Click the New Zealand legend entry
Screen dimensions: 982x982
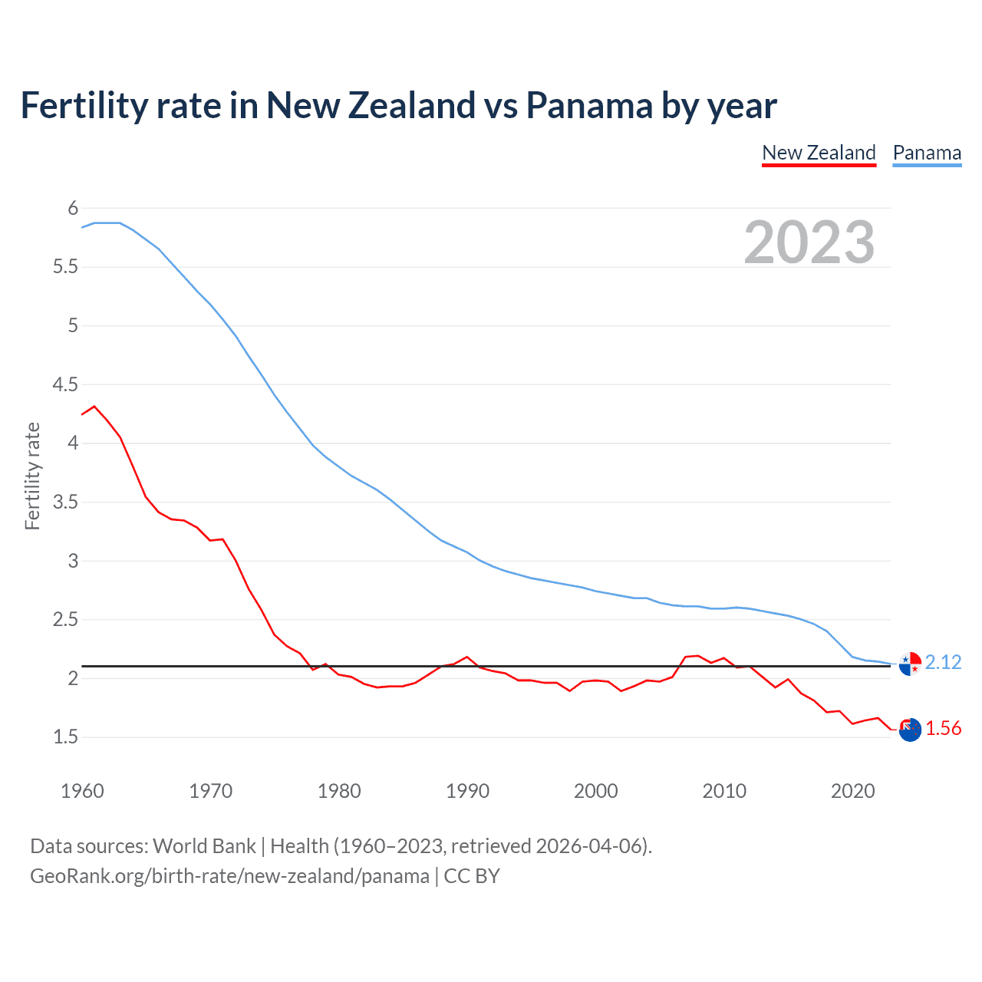pyautogui.click(x=819, y=153)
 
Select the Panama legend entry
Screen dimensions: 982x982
pyautogui.click(x=927, y=153)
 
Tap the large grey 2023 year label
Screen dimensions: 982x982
pyautogui.click(x=809, y=242)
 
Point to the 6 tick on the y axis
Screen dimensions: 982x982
pyautogui.click(x=73, y=208)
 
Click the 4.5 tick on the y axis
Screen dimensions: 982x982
pyautogui.click(x=66, y=384)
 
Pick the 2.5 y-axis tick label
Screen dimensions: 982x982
pyautogui.click(x=66, y=619)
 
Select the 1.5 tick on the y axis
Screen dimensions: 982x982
pyautogui.click(x=66, y=737)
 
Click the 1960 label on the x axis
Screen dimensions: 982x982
pyautogui.click(x=82, y=791)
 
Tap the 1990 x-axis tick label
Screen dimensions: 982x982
pyautogui.click(x=467, y=791)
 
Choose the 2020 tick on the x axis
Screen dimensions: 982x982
pyautogui.click(x=852, y=791)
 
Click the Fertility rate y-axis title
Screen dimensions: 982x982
pyautogui.click(x=32, y=476)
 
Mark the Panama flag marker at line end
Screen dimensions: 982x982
pyautogui.click(x=910, y=664)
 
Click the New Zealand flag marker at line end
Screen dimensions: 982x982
pyautogui.click(x=910, y=730)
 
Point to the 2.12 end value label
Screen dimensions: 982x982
pyautogui.click(x=943, y=662)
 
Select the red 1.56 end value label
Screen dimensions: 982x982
pyautogui.click(x=943, y=728)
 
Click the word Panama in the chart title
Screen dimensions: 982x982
pyautogui.click(x=589, y=105)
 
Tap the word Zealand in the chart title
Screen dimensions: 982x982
pyautogui.click(x=413, y=105)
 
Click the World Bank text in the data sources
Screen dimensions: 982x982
pyautogui.click(x=204, y=846)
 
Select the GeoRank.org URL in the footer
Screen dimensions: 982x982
pyautogui.click(x=229, y=876)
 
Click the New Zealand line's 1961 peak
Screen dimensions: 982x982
pyautogui.click(x=94, y=407)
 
